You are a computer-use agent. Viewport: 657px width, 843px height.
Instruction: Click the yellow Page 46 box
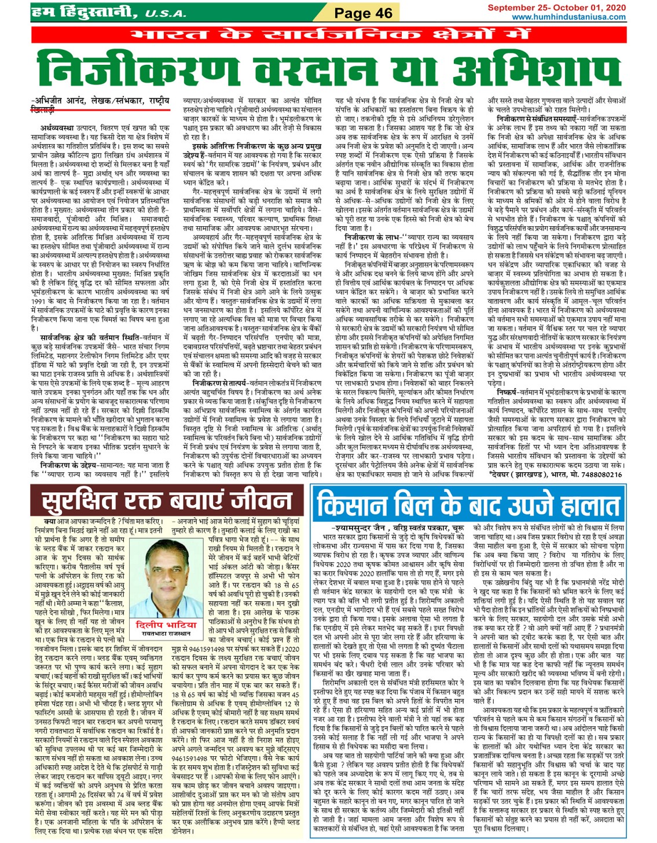pyautogui.click(x=364, y=13)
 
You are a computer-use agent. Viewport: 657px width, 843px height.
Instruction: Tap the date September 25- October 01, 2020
pyautogui.click(x=556, y=8)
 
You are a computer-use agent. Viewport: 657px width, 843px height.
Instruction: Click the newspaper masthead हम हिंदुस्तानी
pyautogui.click(x=81, y=12)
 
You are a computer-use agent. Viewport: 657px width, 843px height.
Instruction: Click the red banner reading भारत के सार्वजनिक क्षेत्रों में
pyautogui.click(x=328, y=35)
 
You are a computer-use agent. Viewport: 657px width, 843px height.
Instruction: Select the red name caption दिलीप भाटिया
pyautogui.click(x=157, y=624)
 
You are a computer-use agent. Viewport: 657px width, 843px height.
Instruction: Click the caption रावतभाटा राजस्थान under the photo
pyautogui.click(x=157, y=633)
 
